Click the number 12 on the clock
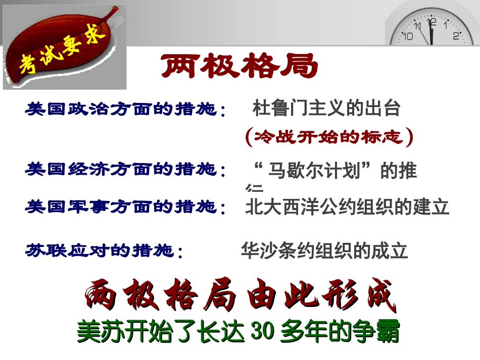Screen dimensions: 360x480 click(x=431, y=22)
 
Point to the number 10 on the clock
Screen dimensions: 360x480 click(x=408, y=36)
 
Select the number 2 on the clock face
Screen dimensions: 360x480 click(x=456, y=35)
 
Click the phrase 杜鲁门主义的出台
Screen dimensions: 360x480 click(x=326, y=108)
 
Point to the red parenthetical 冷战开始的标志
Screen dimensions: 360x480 click(x=329, y=137)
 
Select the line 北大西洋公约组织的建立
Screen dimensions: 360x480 click(x=347, y=208)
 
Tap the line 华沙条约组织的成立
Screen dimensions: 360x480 click(x=324, y=251)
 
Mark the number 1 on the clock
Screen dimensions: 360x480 click(x=446, y=24)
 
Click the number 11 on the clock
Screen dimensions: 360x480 click(x=417, y=25)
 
